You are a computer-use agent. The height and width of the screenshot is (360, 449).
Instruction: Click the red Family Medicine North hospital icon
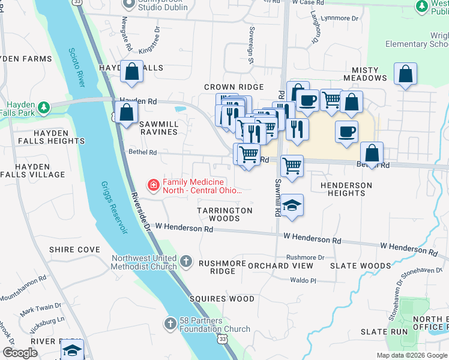point(154,185)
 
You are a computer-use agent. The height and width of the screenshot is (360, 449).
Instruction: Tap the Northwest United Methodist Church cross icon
point(186,262)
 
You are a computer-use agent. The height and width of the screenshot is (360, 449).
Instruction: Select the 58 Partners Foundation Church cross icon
point(170,323)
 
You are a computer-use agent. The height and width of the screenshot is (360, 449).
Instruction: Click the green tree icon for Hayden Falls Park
point(43,108)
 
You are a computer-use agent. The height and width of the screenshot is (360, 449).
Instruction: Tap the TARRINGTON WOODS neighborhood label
point(225,214)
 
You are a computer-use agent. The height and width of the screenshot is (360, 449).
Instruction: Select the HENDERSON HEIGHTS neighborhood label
point(346,189)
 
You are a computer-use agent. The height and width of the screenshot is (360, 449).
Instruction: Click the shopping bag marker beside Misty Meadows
point(406,75)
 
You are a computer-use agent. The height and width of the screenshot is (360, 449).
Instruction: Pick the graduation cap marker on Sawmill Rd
point(292,206)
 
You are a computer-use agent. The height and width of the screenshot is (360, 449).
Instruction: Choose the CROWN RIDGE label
point(234,87)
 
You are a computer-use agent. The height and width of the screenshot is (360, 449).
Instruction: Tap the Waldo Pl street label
point(303,280)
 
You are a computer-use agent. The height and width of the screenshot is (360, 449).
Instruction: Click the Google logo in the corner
point(20,353)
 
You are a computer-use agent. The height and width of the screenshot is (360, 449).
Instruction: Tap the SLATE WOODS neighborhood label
point(368,265)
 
